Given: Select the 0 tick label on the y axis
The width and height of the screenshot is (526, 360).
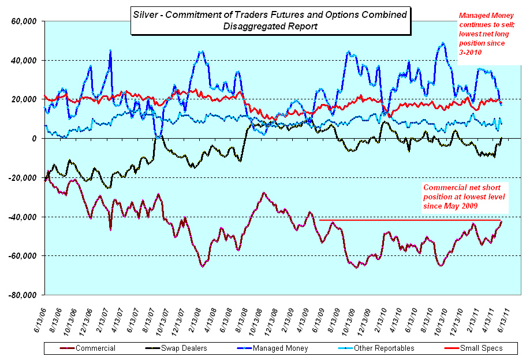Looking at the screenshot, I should click(x=34, y=139).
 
